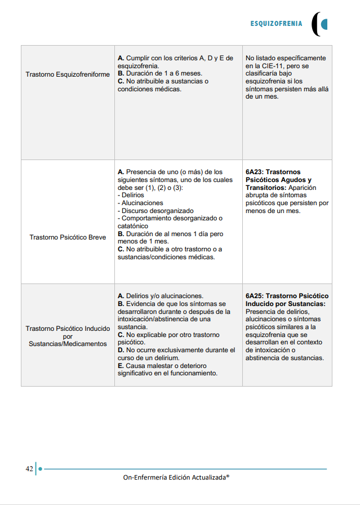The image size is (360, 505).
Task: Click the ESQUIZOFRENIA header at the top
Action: click(x=276, y=24)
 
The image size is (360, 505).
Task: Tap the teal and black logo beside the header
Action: click(x=320, y=24)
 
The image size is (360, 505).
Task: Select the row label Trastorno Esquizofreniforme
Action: click(x=68, y=74)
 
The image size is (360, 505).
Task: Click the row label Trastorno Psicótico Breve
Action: click(x=68, y=237)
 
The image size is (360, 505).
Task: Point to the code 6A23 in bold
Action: click(x=256, y=172)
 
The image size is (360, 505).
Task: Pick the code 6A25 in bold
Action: click(x=256, y=296)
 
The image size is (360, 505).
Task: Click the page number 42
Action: click(x=29, y=468)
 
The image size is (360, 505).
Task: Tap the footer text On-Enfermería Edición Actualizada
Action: click(x=176, y=477)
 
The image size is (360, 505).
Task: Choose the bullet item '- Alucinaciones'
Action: click(x=140, y=203)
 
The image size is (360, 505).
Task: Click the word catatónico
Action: click(x=135, y=226)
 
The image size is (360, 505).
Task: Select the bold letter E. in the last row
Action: click(x=121, y=366)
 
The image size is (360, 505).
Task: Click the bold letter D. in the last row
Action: click(x=121, y=350)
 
